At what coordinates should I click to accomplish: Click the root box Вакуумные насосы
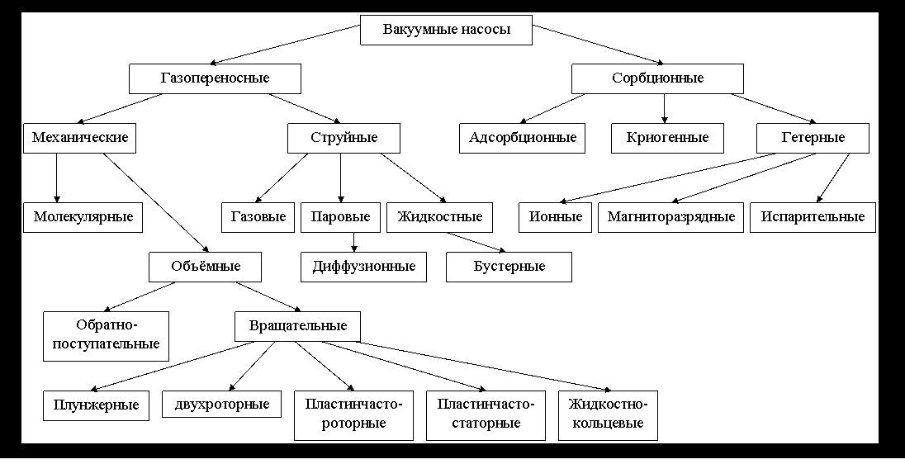click(447, 31)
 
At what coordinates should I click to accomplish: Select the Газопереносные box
click(215, 78)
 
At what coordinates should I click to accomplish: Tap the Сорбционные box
click(657, 78)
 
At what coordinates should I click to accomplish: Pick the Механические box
click(80, 137)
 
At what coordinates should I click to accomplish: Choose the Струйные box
click(344, 137)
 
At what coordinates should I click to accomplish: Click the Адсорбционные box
click(522, 137)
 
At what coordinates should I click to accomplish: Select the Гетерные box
click(813, 137)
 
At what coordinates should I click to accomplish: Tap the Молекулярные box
click(83, 217)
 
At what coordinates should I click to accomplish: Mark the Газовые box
click(258, 217)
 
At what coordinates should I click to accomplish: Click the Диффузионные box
click(363, 267)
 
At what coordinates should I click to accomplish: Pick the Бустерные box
click(509, 267)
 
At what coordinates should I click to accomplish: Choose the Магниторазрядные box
click(670, 217)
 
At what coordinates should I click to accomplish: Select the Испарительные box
click(813, 217)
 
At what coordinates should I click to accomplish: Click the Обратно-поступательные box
click(106, 336)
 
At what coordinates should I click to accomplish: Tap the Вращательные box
click(297, 326)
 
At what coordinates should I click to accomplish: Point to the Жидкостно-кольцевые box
click(609, 415)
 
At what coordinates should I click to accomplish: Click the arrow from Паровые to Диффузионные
click(354, 242)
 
